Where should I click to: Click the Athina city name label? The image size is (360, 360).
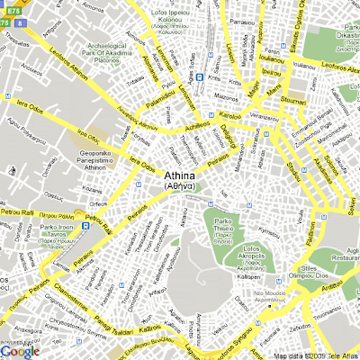(187, 177)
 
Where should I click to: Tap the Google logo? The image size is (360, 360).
(20, 351)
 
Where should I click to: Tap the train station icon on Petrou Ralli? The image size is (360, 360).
(86, 226)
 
